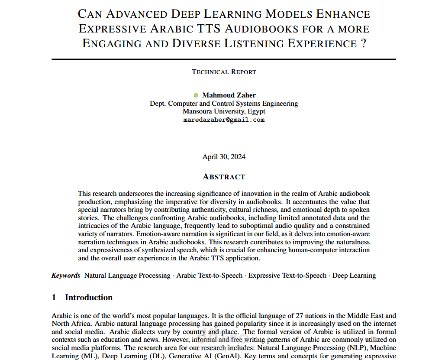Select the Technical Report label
coord(224,72)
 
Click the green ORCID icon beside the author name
coord(196,95)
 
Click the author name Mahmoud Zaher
coord(229,95)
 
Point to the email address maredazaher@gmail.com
coord(224,120)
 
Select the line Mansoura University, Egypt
coord(224,112)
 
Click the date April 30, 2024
coord(224,157)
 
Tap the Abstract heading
coord(224,177)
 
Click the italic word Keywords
coord(66,276)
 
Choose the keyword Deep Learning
coord(354,276)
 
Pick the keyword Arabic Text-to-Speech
coord(210,276)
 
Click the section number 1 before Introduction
coord(54,298)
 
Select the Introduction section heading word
coord(89,298)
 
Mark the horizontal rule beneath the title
coord(224,59)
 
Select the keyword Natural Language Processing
coord(127,276)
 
